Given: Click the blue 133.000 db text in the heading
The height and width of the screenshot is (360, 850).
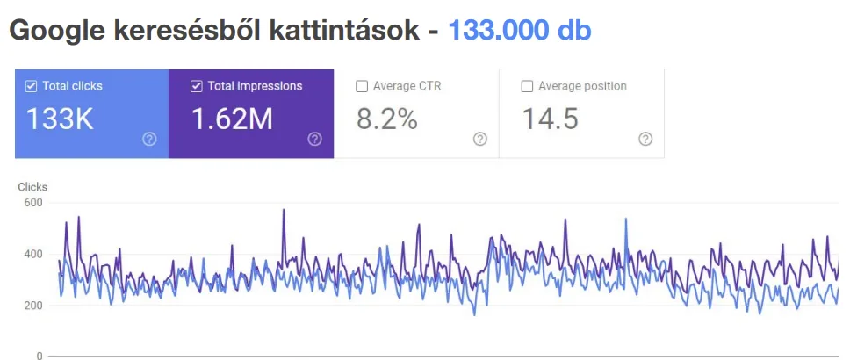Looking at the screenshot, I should click(x=520, y=31).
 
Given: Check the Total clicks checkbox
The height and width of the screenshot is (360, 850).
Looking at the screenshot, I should click(x=32, y=86).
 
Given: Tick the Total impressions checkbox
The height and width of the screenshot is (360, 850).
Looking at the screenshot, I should click(x=197, y=86).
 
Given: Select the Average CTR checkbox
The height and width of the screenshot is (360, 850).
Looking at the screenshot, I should click(x=362, y=86).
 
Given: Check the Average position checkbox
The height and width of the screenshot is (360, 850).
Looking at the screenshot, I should click(x=527, y=86).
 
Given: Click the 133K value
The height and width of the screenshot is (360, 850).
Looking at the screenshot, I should click(x=60, y=119).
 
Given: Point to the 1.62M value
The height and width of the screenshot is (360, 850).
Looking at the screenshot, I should click(x=232, y=119).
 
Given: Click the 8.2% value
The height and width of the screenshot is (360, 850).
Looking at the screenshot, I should click(x=387, y=119).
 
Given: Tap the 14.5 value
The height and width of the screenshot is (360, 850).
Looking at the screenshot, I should click(x=551, y=119).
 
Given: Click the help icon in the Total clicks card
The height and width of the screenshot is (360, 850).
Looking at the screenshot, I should click(x=149, y=139).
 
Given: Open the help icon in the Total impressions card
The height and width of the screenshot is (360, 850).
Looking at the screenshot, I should click(x=314, y=139).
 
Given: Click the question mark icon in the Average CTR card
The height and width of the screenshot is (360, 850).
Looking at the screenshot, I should click(x=479, y=139).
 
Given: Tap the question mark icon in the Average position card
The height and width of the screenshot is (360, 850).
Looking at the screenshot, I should click(x=645, y=139).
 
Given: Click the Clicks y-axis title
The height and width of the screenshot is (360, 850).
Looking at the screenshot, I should click(x=32, y=187).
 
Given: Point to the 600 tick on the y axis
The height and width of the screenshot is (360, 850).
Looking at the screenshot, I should click(x=33, y=203).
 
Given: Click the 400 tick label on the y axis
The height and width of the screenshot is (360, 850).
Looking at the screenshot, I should click(x=33, y=255).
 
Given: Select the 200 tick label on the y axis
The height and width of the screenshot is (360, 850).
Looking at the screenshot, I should click(x=33, y=306).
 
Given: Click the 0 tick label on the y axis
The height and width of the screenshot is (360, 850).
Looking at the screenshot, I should click(x=40, y=356).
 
